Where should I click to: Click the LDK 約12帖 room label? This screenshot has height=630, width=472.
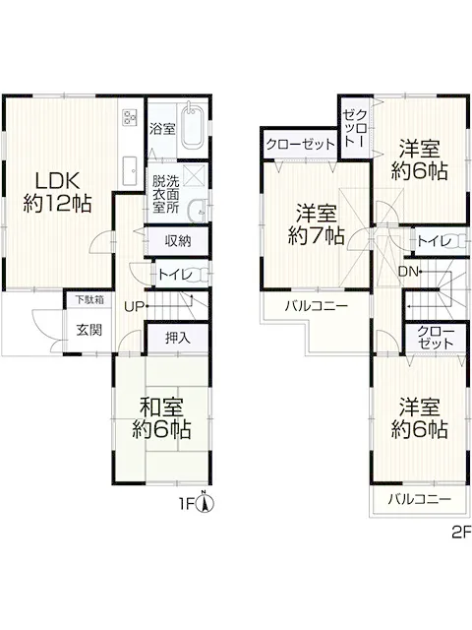pos(57,192)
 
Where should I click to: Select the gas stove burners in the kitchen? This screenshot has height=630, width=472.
pos(129,117)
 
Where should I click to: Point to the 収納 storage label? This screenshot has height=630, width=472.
pos(178,241)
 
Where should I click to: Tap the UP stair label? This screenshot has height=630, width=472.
pos(134,307)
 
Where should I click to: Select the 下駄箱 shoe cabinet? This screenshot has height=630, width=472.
pos(89,299)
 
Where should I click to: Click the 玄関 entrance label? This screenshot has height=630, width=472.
pos(89,331)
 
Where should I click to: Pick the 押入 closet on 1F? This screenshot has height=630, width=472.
pos(178,339)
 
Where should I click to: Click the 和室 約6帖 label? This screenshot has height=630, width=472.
pos(161,417)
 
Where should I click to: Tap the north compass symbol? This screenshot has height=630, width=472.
pos(205,503)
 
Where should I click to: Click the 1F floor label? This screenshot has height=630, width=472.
pos(187,503)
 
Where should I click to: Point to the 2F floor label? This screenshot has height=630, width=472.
pos(461,533)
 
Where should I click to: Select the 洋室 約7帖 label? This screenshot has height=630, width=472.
pos(317,224)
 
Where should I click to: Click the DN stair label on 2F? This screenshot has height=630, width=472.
pos(408,272)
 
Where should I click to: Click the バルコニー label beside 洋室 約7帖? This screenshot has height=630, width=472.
pos(317,307)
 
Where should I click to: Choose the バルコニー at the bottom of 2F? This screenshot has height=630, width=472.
pos(420,499)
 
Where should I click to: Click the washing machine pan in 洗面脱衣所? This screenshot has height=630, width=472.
pos(195,175)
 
